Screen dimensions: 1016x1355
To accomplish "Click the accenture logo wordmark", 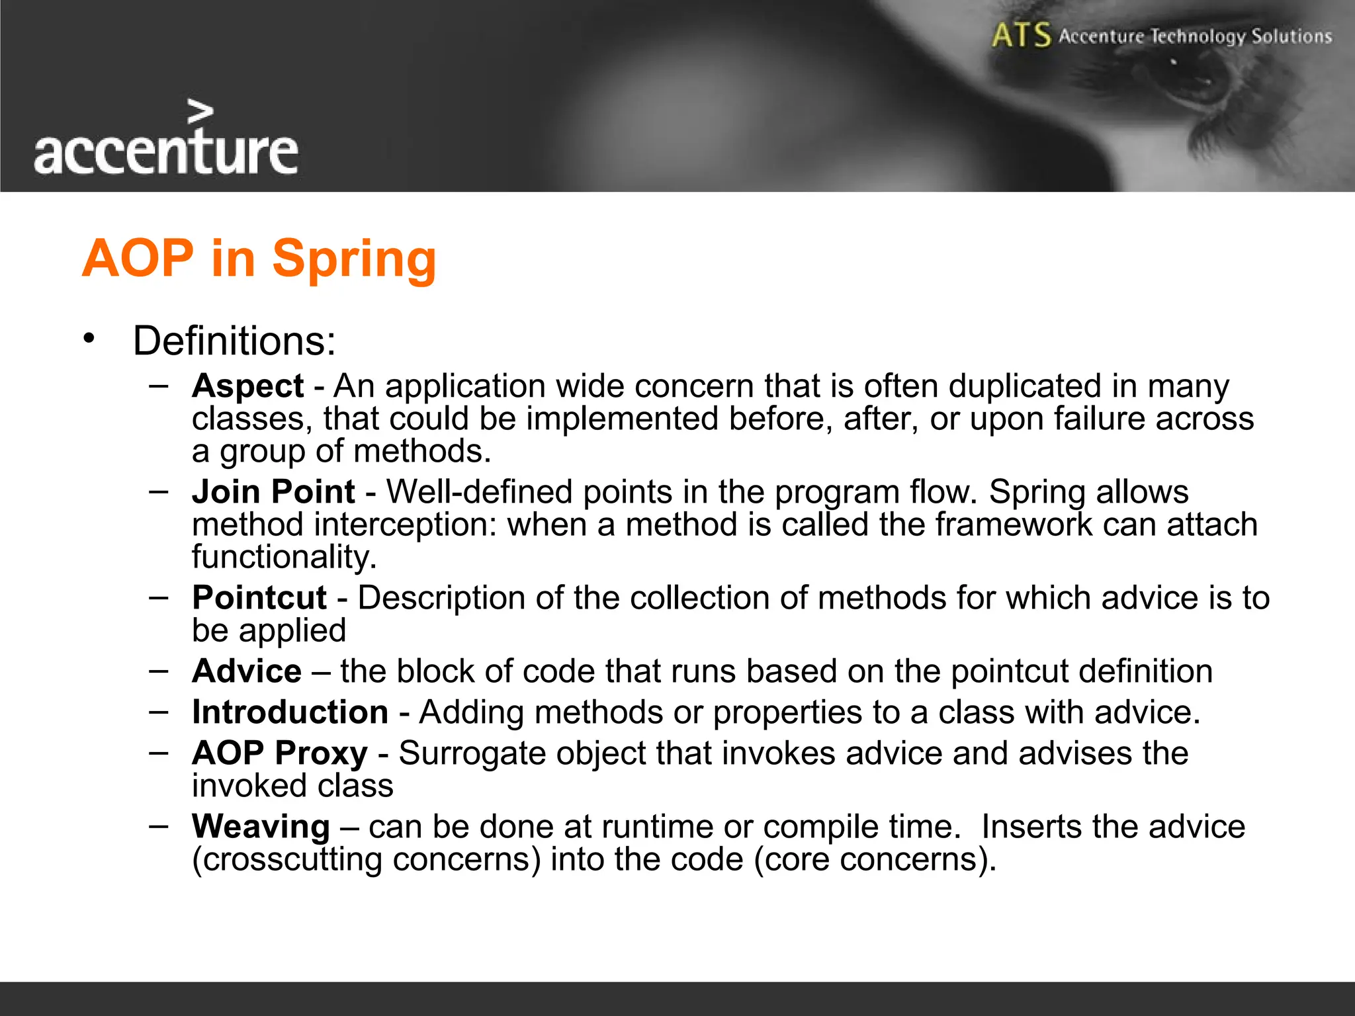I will (166, 152).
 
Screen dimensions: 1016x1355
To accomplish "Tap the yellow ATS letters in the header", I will (1021, 35).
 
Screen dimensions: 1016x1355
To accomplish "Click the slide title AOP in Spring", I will (259, 258).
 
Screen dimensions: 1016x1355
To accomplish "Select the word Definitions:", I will (234, 341).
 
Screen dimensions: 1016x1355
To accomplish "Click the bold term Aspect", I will (247, 386).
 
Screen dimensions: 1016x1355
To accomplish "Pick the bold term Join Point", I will (273, 492).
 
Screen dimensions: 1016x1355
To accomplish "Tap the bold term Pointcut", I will (259, 598).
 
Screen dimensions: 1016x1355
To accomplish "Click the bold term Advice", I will (247, 671).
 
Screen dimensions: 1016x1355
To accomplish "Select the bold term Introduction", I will (290, 712).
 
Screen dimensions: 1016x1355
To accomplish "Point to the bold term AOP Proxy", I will (279, 753).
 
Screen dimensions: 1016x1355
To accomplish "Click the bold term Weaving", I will (261, 827).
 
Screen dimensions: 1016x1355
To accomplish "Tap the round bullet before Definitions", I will (89, 339).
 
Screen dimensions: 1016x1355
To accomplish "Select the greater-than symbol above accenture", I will (200, 112).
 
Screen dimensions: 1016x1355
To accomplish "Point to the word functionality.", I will (284, 557).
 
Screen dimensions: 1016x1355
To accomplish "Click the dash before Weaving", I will (159, 825).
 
